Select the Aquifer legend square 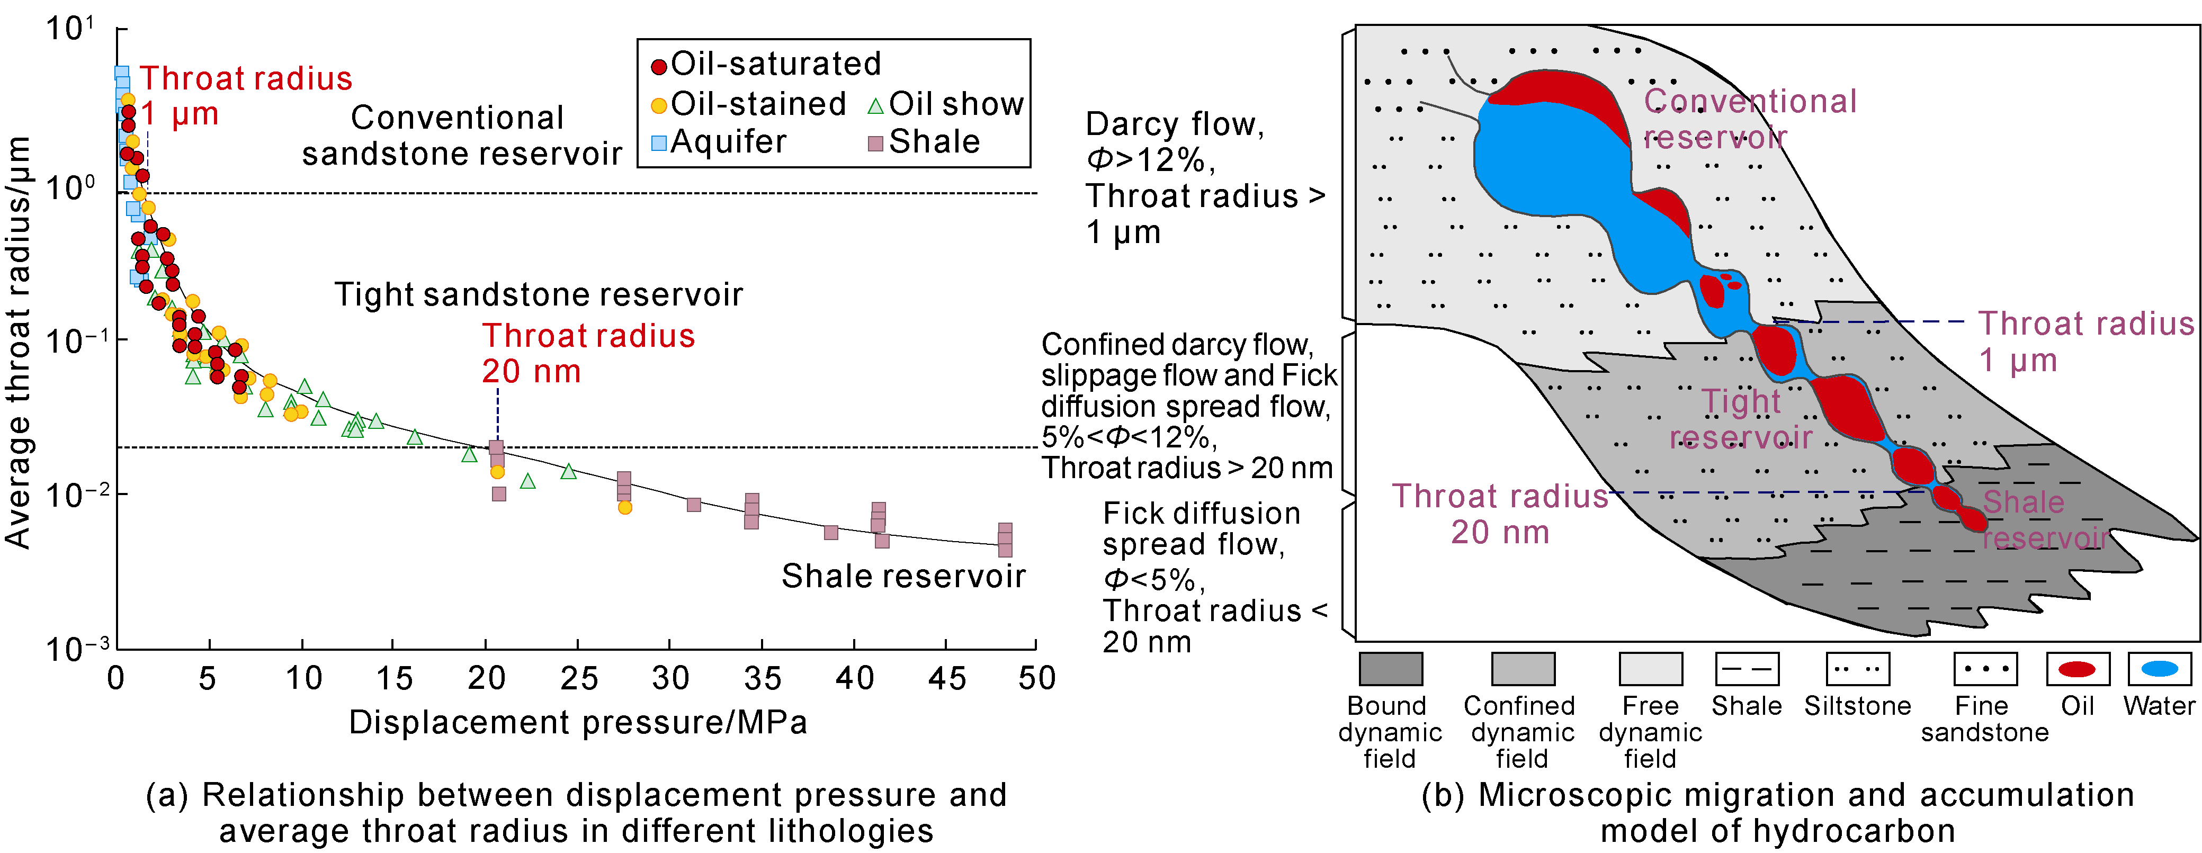[659, 143]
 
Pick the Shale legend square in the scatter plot [875, 143]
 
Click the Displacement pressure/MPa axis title [578, 722]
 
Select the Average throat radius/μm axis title [19, 342]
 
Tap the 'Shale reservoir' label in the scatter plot [903, 576]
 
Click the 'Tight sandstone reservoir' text [539, 294]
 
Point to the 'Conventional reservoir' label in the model [1750, 119]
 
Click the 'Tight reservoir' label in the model [1741, 419]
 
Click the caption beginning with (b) [1778, 812]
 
